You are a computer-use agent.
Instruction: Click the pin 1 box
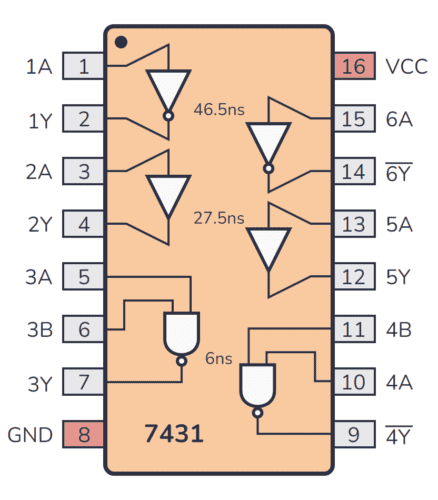click(x=84, y=67)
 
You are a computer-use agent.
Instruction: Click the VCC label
click(x=407, y=67)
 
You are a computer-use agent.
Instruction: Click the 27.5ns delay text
click(x=218, y=217)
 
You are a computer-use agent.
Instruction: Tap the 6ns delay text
click(x=218, y=357)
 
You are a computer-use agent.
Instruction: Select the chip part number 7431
click(x=174, y=435)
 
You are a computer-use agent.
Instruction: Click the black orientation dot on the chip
click(x=120, y=43)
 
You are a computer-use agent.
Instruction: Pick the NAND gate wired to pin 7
click(x=181, y=333)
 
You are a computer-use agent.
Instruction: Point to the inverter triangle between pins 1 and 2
click(x=168, y=93)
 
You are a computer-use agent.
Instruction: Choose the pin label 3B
click(x=37, y=329)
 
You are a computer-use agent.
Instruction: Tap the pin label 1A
click(x=38, y=67)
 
